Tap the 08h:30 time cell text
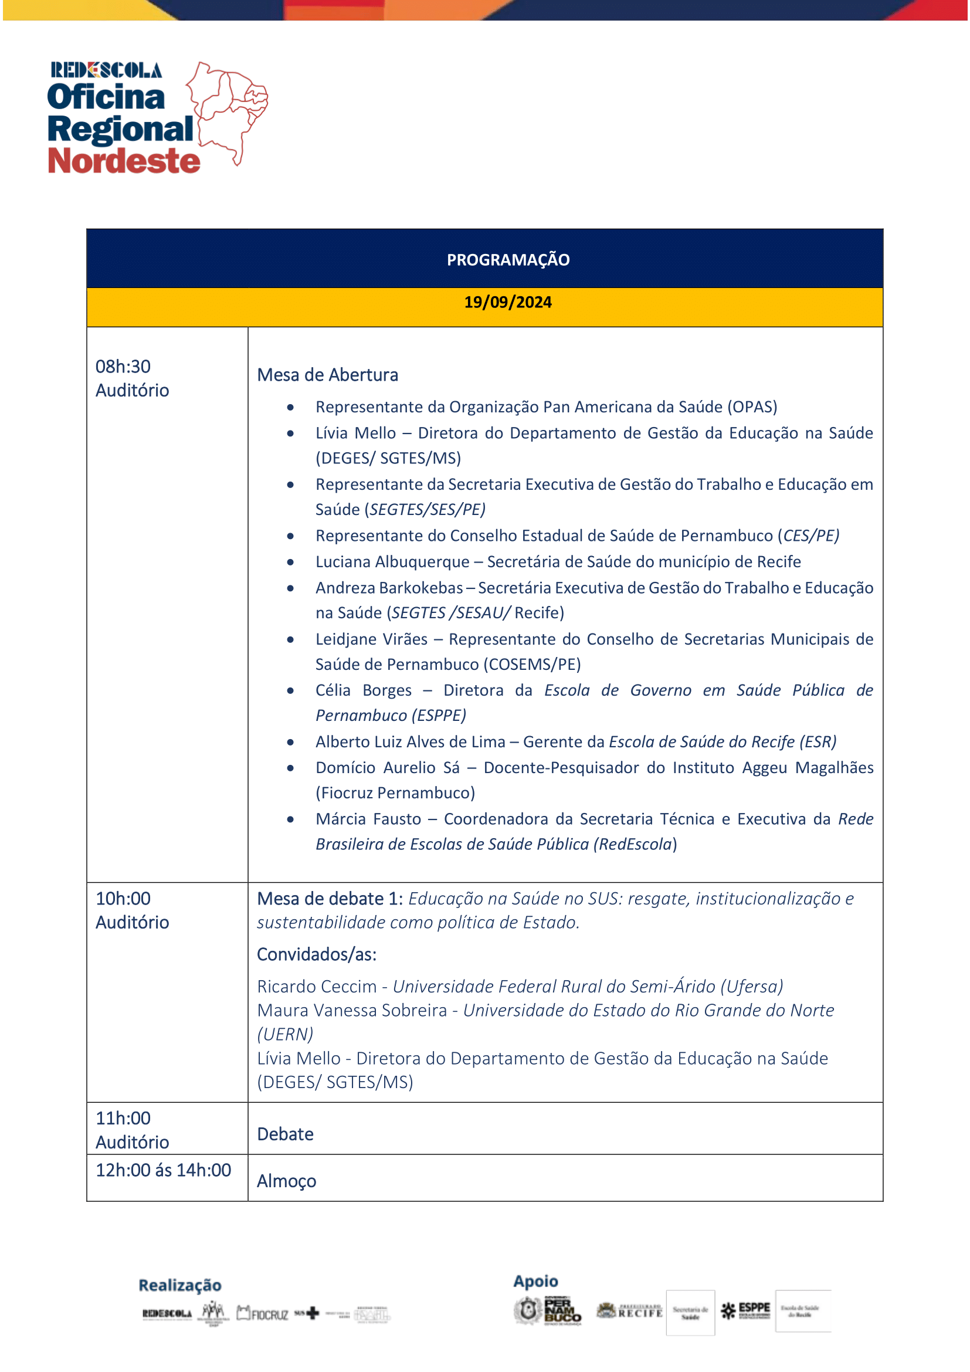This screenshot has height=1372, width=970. (x=123, y=366)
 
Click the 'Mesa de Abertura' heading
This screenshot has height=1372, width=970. (x=327, y=375)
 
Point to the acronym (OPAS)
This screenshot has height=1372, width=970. (x=752, y=407)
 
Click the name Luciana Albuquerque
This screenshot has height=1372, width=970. (x=392, y=562)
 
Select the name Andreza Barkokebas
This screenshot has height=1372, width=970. (x=389, y=588)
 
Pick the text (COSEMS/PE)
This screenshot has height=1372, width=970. (x=532, y=665)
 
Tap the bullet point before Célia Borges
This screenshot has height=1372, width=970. (x=290, y=691)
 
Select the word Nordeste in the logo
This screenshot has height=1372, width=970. (x=124, y=161)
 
